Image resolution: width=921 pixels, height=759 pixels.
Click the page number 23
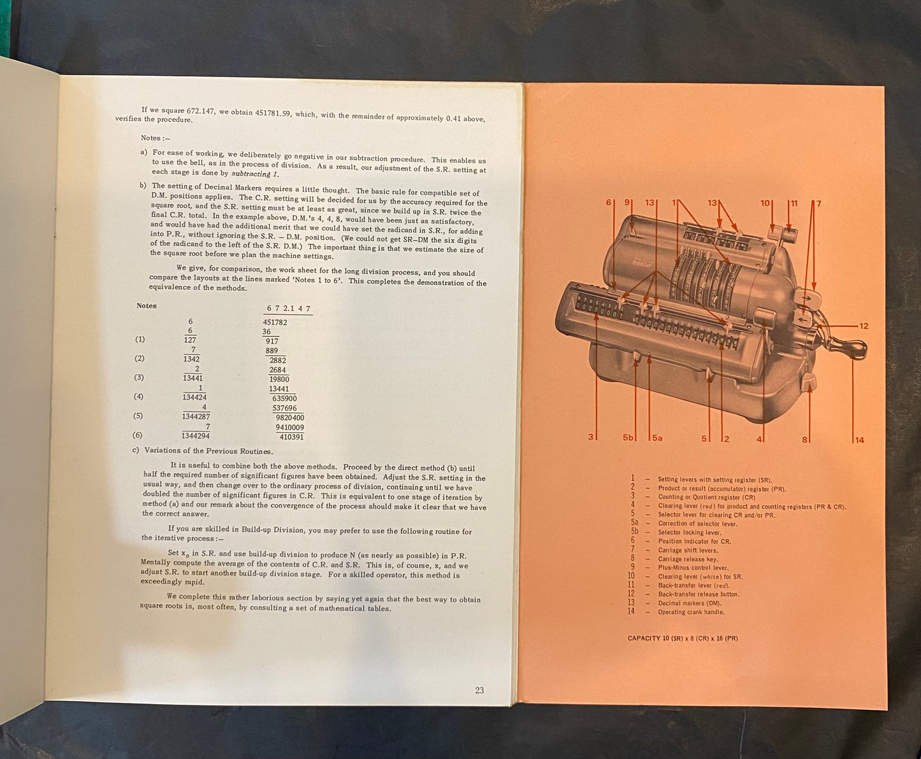(x=479, y=690)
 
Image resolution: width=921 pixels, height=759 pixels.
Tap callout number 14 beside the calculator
(x=859, y=440)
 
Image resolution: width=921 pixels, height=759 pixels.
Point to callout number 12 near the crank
(x=864, y=326)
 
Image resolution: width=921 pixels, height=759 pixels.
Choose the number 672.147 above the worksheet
(x=289, y=308)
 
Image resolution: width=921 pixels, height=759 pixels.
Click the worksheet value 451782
(x=275, y=322)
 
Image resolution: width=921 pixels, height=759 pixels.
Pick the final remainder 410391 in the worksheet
(x=290, y=437)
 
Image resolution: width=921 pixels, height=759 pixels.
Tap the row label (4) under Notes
(x=140, y=397)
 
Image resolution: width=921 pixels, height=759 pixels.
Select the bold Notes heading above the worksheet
(x=147, y=306)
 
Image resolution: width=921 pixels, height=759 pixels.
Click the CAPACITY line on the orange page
(x=683, y=638)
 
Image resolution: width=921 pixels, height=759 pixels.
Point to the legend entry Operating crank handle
(x=691, y=612)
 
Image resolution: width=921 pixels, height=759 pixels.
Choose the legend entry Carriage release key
(x=688, y=559)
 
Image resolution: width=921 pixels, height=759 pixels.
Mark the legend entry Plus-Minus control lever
(x=693, y=568)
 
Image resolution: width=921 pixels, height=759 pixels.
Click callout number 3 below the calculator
(x=590, y=437)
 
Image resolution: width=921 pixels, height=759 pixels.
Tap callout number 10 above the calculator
(x=765, y=203)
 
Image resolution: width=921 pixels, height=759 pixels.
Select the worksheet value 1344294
(x=196, y=437)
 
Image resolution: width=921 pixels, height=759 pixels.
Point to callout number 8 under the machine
(x=804, y=439)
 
